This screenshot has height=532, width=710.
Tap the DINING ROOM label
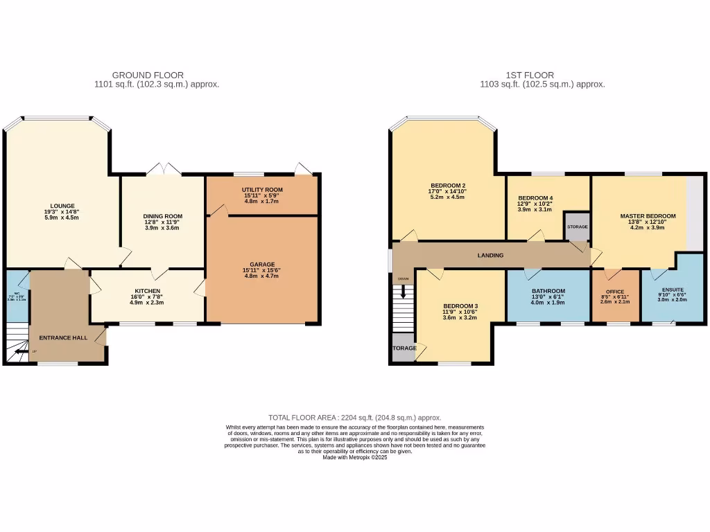pyautogui.click(x=162, y=216)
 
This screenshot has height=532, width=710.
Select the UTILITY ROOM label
pyautogui.click(x=262, y=190)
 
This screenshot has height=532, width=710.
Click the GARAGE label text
pyautogui.click(x=263, y=264)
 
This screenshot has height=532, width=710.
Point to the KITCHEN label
pyautogui.click(x=148, y=291)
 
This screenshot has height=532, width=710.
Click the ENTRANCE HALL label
pyautogui.click(x=62, y=337)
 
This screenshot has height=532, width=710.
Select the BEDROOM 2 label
pyautogui.click(x=447, y=186)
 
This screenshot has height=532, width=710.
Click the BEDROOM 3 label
pyautogui.click(x=460, y=305)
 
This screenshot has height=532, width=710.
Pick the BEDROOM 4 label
pyautogui.click(x=535, y=198)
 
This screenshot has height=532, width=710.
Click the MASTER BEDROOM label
pyautogui.click(x=647, y=216)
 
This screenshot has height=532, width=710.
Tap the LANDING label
pyautogui.click(x=490, y=256)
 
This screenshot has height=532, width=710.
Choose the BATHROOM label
pyautogui.click(x=548, y=291)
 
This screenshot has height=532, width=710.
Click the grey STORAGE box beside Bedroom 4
pyautogui.click(x=577, y=226)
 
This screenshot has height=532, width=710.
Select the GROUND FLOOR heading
pyautogui.click(x=148, y=75)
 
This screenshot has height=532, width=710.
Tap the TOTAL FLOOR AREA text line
pyautogui.click(x=354, y=418)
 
